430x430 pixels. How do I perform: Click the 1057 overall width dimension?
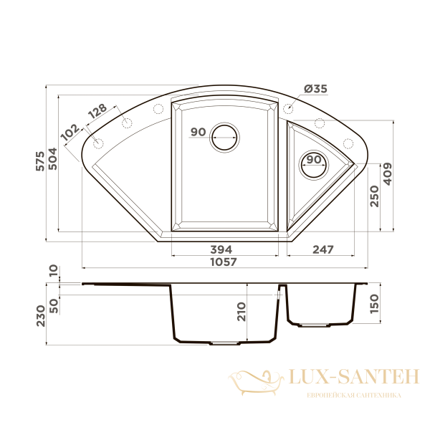[224, 262]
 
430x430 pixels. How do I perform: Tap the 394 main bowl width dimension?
[221, 249]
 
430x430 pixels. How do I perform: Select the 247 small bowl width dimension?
[323, 249]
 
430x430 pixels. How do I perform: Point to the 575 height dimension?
[40, 161]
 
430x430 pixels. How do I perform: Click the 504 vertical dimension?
[52, 159]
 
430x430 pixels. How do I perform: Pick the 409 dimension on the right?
[388, 174]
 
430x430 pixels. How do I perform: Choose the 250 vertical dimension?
[374, 196]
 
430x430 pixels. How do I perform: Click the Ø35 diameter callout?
[315, 89]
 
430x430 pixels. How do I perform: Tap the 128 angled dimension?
[97, 111]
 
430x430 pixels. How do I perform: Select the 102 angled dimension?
[70, 132]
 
